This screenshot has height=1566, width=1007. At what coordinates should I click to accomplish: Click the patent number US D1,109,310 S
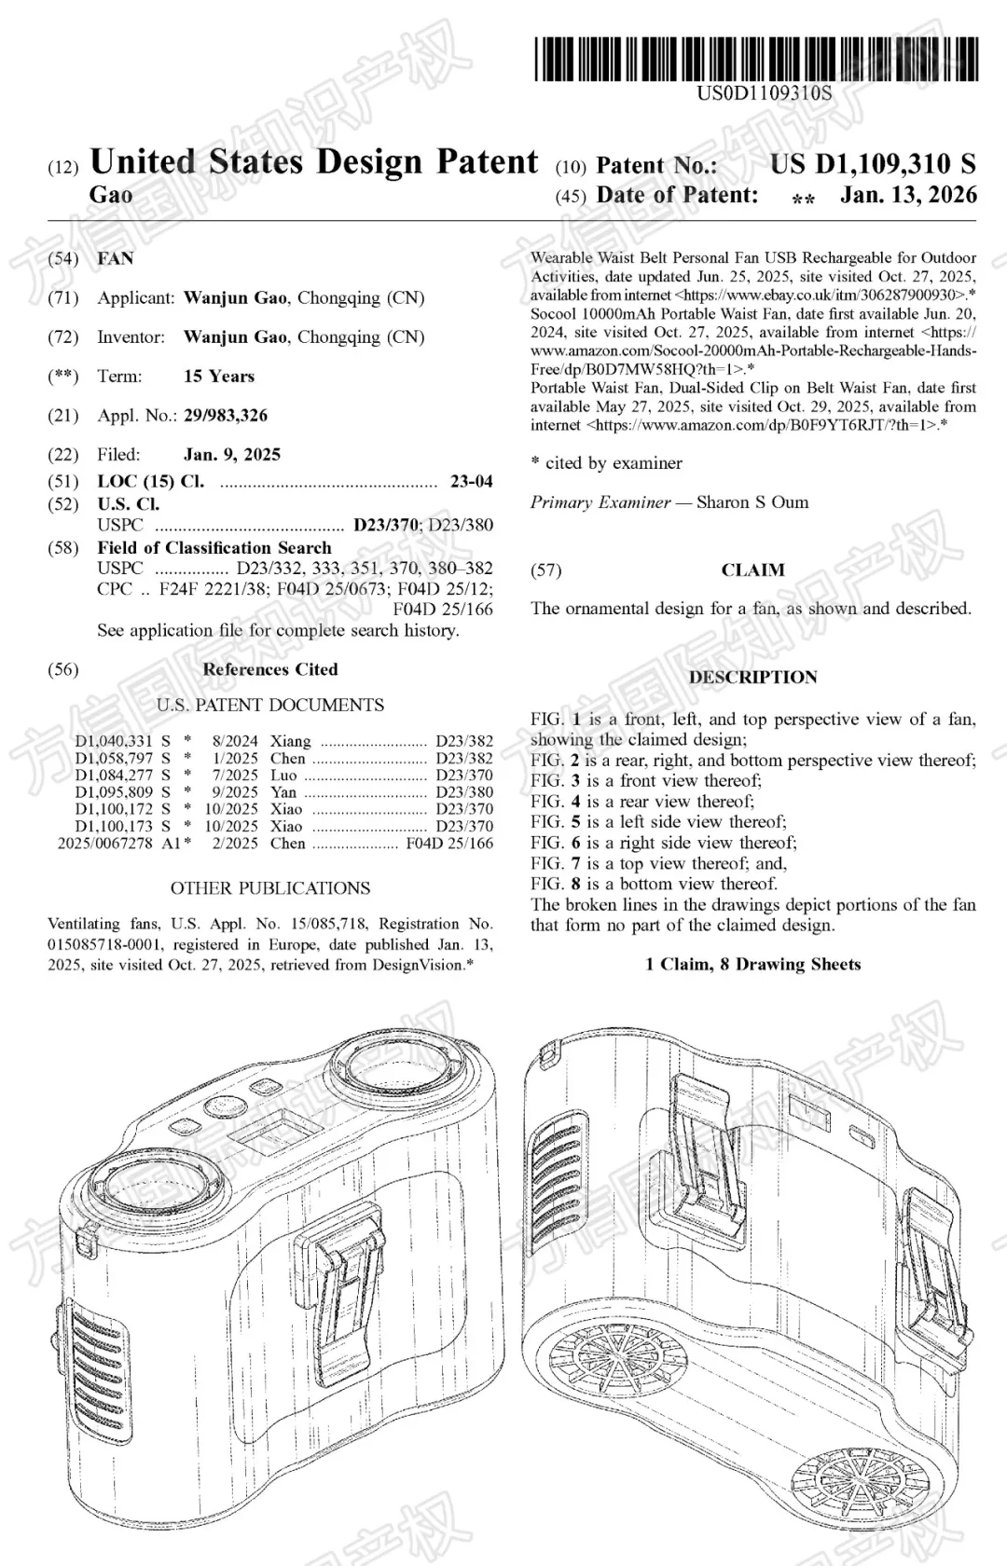tap(873, 165)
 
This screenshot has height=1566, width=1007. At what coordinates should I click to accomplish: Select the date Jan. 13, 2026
tap(908, 195)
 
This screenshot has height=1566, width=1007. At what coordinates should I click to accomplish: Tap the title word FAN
tap(116, 258)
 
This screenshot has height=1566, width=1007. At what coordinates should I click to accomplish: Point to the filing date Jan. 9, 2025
tap(232, 455)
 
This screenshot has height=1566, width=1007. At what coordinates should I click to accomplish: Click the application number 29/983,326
tap(226, 416)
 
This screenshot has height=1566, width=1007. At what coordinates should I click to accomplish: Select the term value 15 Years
tap(219, 377)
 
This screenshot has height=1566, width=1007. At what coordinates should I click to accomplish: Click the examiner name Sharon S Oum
tap(752, 502)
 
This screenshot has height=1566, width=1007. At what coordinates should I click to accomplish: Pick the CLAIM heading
tap(752, 570)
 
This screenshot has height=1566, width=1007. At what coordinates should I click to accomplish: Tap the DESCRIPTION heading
tap(752, 678)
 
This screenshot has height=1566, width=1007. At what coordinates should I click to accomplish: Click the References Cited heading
tap(270, 669)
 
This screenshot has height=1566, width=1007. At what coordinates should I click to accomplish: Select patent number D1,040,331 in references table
tap(114, 742)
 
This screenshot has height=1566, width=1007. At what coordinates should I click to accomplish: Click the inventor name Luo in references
tap(283, 776)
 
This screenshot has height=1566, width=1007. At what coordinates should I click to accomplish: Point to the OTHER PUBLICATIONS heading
tap(270, 888)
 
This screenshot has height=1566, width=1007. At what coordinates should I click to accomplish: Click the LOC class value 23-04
tap(471, 482)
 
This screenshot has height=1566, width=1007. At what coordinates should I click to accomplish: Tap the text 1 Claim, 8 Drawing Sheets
tap(752, 965)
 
